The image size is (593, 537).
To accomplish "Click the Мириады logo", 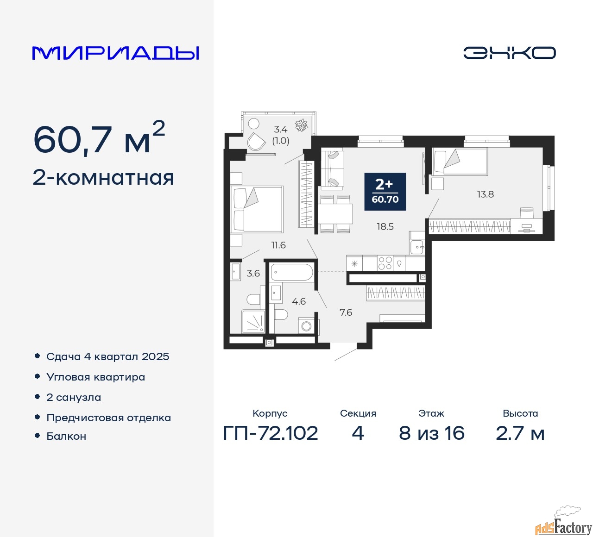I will point(115,53).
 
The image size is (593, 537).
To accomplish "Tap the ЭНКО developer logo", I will point(509,53).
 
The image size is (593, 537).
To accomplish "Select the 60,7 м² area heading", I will point(99,138).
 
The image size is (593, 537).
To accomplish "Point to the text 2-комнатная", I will point(103,178).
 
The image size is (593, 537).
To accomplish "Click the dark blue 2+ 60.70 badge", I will point(385,192).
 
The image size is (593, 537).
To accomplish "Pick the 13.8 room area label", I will point(486,194).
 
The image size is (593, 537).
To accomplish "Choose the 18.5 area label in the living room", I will point(385,226).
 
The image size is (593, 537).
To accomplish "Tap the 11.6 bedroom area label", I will point(278,245).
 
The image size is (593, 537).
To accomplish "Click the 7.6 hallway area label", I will point(346,312).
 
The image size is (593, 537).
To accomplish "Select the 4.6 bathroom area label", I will point(299,301).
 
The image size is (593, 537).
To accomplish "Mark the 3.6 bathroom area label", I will point(253,274).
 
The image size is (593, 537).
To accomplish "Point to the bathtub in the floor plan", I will point(291,272).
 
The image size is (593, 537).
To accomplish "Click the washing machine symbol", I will point(306,326).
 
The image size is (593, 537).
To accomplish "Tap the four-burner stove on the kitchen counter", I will point(385,263).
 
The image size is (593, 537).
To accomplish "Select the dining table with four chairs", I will point(335,214).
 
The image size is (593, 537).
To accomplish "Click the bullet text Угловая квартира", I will point(95,377).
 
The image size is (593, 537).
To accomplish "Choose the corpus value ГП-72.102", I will point(271,433).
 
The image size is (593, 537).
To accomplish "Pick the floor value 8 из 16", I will point(431,433).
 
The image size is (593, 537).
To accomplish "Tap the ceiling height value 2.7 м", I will point(520,433).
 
